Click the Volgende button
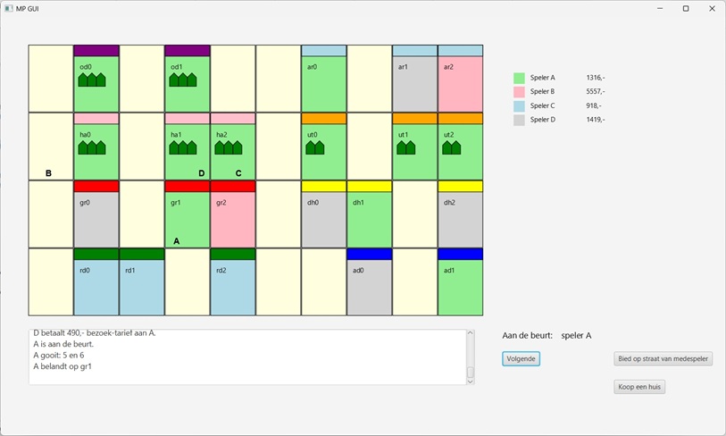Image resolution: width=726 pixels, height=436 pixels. point(521,359)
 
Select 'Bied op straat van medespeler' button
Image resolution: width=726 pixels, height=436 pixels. point(663,359)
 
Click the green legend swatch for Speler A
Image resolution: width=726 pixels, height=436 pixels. point(519,79)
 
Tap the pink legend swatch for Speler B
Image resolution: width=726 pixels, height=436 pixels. point(519,92)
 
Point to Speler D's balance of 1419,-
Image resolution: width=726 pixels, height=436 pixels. point(595,119)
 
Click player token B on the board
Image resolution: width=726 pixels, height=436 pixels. point(48,173)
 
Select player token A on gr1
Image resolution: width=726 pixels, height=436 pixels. point(176,241)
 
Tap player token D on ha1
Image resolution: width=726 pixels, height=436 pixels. point(201,173)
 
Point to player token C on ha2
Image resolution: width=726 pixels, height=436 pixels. point(238,173)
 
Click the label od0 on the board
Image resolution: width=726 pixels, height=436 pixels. point(86,67)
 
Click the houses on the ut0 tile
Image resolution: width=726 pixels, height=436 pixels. point(315,147)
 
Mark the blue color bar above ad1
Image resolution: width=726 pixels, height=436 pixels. point(460,254)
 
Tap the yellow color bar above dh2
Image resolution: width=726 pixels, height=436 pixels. point(460,186)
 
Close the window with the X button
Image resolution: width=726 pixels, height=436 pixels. point(712,9)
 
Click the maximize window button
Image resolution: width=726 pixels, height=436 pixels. point(686,9)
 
